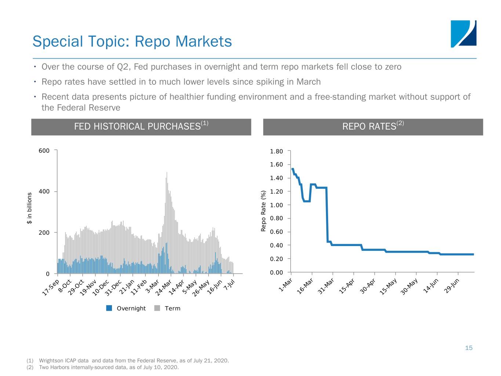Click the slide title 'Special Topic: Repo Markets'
(x=132, y=41)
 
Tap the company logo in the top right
(x=463, y=34)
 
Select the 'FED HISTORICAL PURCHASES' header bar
(x=141, y=127)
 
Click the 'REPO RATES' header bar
(x=373, y=127)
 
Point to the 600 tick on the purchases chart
(x=44, y=151)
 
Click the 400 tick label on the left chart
(x=44, y=191)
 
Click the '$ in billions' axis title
(x=29, y=208)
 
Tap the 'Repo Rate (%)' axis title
(x=263, y=211)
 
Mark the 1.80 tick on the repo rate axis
(x=276, y=151)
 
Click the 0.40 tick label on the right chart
(x=276, y=245)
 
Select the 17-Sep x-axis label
(x=50, y=288)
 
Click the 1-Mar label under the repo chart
(x=285, y=285)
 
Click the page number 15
(x=469, y=348)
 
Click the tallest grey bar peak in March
(x=167, y=173)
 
